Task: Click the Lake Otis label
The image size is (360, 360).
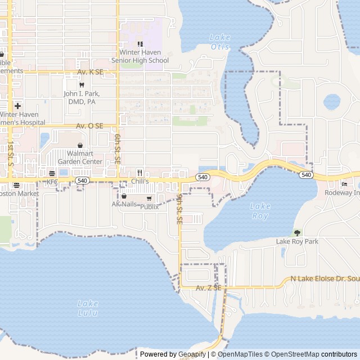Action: coord(220,42)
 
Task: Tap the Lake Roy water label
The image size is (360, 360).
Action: coord(260,210)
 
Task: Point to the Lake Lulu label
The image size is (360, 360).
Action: coord(88,308)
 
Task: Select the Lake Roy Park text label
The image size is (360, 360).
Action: coord(297,241)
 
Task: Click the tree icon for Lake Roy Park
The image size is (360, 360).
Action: coord(297,232)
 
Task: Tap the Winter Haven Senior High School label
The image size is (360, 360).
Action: coord(140,56)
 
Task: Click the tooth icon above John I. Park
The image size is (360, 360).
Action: coord(82,85)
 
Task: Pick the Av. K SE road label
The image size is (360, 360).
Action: coord(91,72)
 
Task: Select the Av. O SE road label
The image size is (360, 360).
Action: coord(90,126)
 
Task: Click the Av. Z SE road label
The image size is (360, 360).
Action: coord(209,288)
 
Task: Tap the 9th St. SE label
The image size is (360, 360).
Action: coord(179,209)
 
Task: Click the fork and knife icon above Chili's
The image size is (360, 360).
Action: coord(139,173)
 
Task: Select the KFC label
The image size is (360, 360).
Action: coord(52,182)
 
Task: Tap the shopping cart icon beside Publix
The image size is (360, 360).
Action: coord(149,199)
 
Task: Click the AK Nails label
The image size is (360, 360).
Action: coord(124,204)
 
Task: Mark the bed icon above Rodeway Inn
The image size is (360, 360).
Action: coord(344,184)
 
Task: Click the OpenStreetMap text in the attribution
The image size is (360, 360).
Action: coord(295,354)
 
